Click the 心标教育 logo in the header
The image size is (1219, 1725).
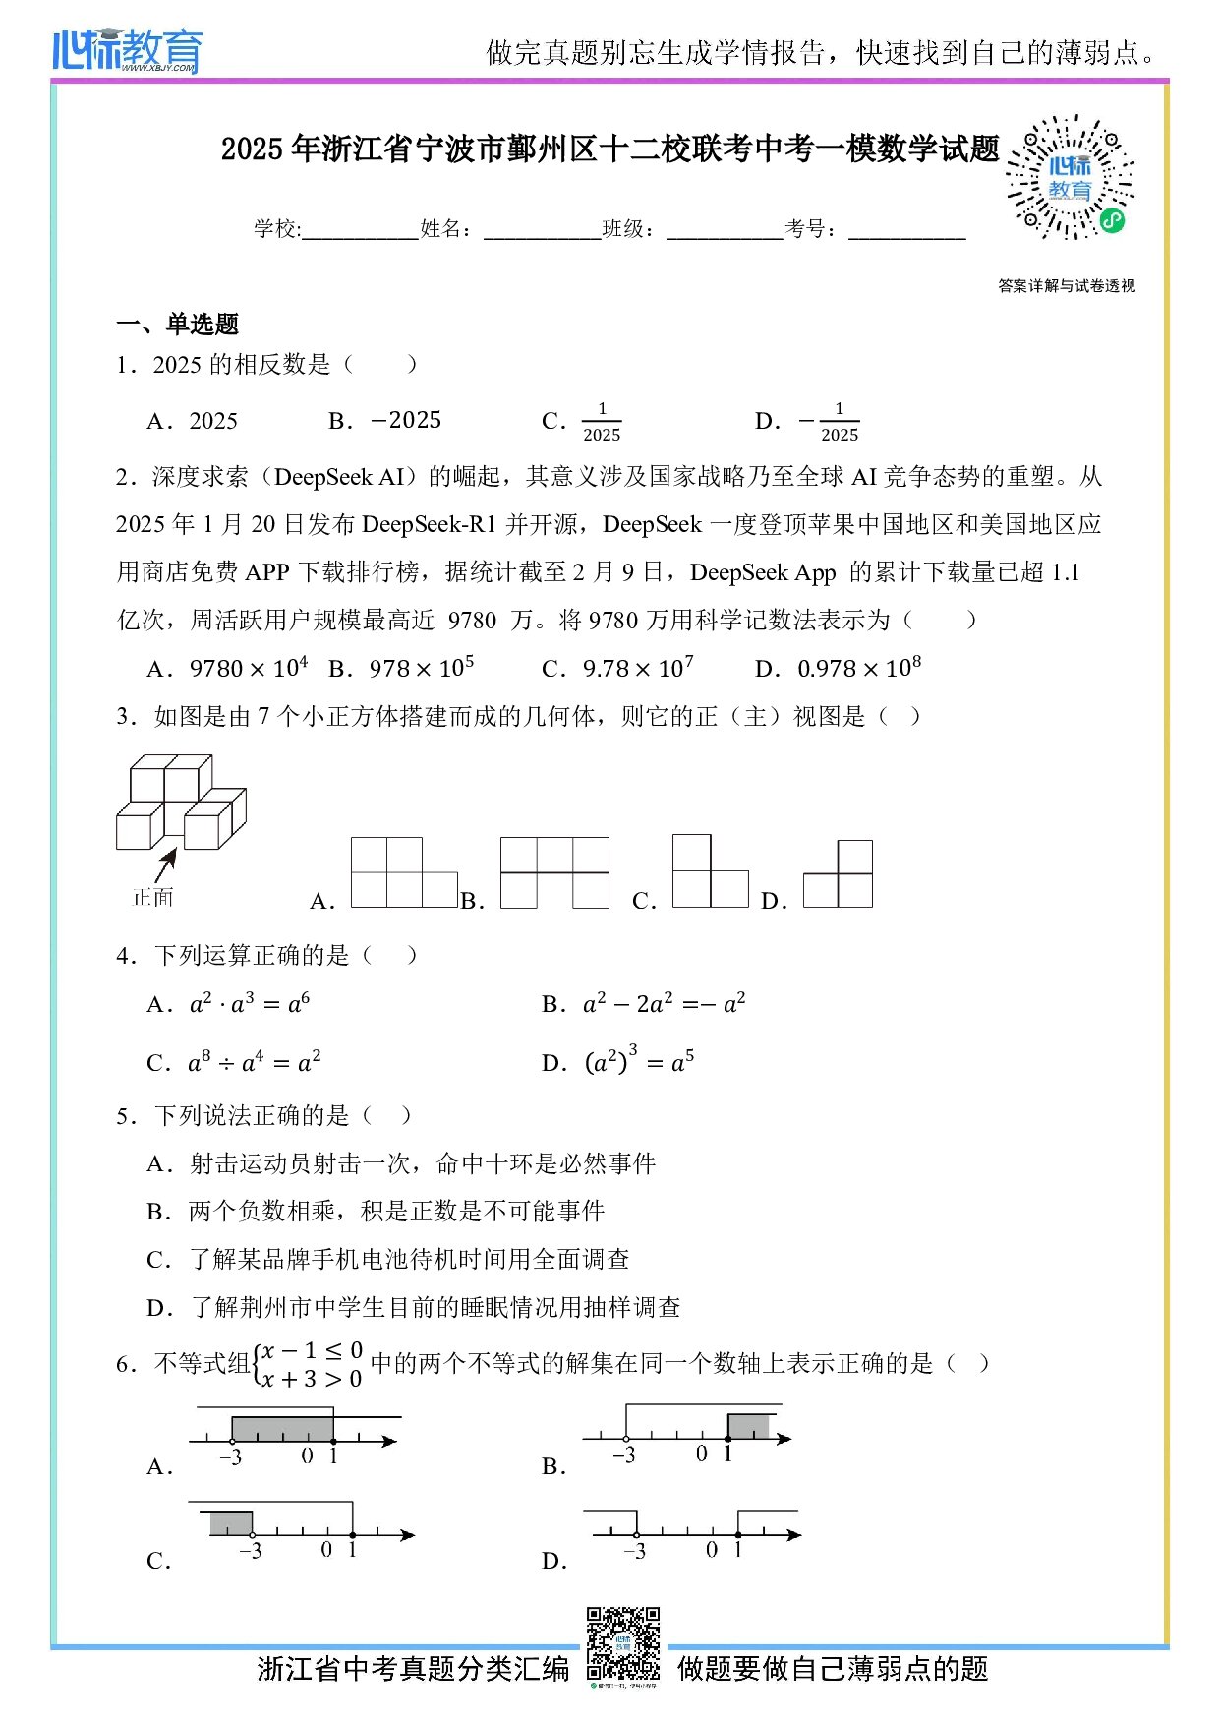[x=127, y=50]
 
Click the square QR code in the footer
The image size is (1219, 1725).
[x=623, y=1644]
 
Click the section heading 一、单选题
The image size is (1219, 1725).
[x=178, y=325]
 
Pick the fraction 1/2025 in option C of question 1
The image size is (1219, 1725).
[x=602, y=422]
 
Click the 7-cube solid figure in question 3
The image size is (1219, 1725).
[x=181, y=803]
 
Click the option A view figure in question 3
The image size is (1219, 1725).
[x=404, y=872]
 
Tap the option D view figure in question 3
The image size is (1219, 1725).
[x=839, y=874]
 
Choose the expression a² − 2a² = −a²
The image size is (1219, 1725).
[x=664, y=1004]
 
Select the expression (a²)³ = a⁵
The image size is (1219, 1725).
[x=639, y=1062]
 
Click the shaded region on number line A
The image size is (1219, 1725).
[x=282, y=1429]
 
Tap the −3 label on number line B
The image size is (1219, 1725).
[x=624, y=1456]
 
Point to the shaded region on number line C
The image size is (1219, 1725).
[x=231, y=1523]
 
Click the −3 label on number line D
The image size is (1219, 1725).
[x=635, y=1552]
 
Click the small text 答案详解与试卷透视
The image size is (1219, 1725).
[x=1067, y=286]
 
